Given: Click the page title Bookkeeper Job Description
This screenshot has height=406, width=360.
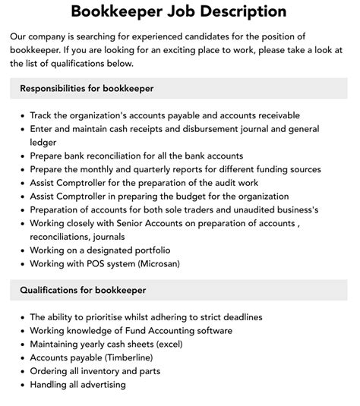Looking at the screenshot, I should tap(179, 11).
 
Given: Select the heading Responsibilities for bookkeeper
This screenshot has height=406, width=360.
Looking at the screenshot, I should tap(87, 89).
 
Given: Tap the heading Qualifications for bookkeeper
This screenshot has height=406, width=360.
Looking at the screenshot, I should tap(83, 290).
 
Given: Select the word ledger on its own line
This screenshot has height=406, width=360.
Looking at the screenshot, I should tap(44, 142).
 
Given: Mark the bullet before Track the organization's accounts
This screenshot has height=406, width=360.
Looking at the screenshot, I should tap(21, 115).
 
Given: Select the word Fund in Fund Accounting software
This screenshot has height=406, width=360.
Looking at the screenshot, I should tap(123, 330).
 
